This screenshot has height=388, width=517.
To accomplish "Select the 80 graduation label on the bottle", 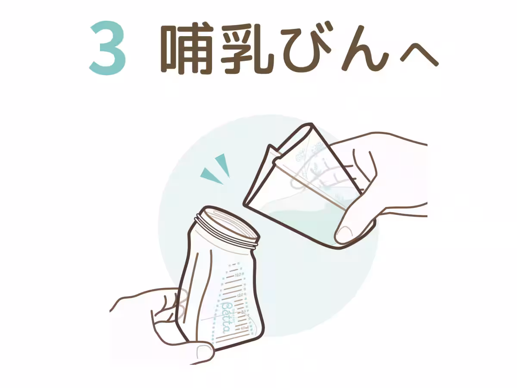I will tap(243, 311).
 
